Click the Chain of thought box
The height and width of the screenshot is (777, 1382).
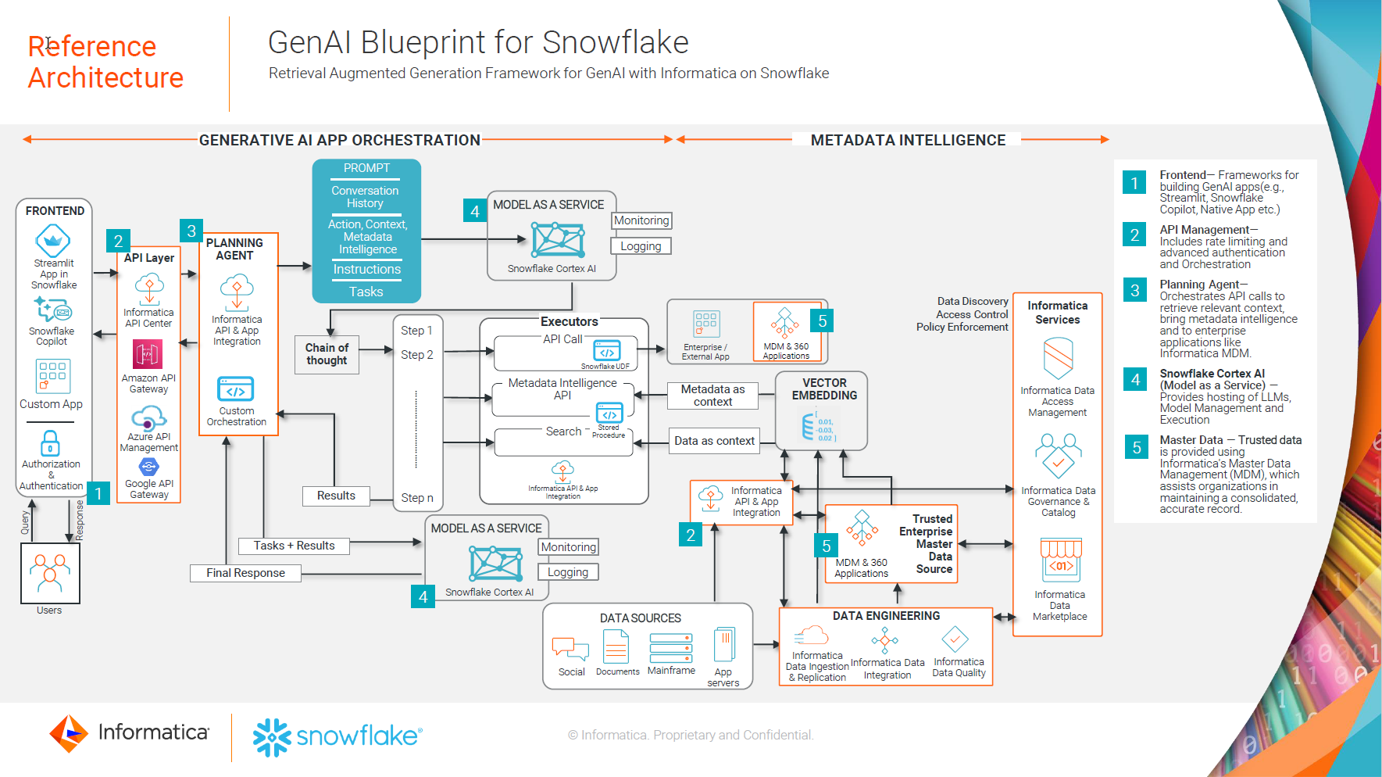pyautogui.click(x=327, y=354)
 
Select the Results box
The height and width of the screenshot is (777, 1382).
pyautogui.click(x=336, y=496)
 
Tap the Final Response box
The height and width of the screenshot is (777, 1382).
pyautogui.click(x=245, y=573)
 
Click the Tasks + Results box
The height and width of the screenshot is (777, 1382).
pyautogui.click(x=294, y=546)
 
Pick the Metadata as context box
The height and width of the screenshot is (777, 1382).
pyautogui.click(x=712, y=396)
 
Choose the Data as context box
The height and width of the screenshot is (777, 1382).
pyautogui.click(x=714, y=441)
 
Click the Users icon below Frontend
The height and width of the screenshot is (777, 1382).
pyautogui.click(x=50, y=573)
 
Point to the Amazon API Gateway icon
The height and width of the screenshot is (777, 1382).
pyautogui.click(x=148, y=354)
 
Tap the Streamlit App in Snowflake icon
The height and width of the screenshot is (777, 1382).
pyautogui.click(x=53, y=241)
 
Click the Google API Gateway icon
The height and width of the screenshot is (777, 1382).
pyautogui.click(x=148, y=467)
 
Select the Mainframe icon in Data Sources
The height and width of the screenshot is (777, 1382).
pyautogui.click(x=671, y=648)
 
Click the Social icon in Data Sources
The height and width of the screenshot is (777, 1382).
pyautogui.click(x=570, y=648)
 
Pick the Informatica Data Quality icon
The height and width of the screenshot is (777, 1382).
pyautogui.click(x=955, y=639)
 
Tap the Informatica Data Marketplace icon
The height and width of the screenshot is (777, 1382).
pyautogui.click(x=1060, y=560)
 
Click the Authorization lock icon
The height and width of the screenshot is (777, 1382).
pyautogui.click(x=50, y=443)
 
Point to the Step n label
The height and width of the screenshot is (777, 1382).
pyautogui.click(x=417, y=498)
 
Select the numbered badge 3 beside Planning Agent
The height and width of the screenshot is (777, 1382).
pyautogui.click(x=191, y=231)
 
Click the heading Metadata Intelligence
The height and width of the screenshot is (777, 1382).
pyautogui.click(x=908, y=140)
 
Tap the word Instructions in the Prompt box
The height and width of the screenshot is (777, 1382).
pyautogui.click(x=366, y=270)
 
